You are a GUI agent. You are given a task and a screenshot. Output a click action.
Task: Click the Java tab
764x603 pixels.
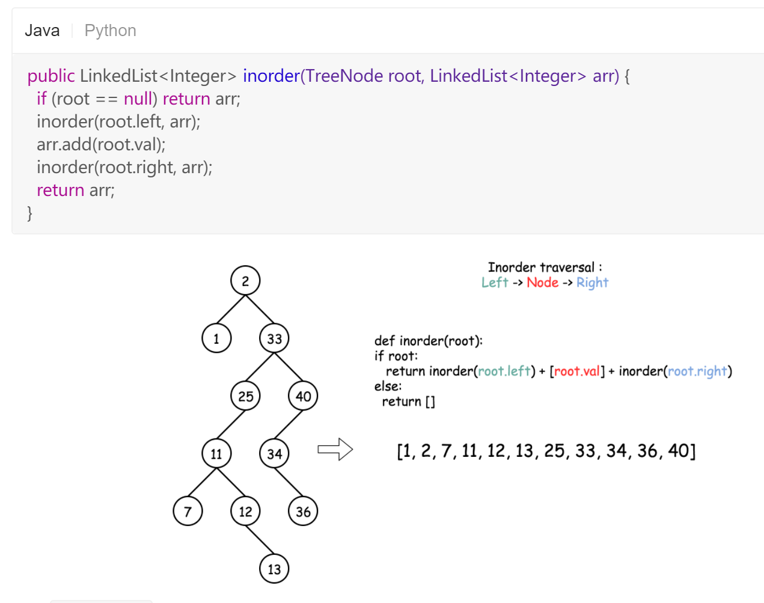coord(42,31)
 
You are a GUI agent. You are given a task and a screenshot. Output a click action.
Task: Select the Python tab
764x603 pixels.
coord(110,31)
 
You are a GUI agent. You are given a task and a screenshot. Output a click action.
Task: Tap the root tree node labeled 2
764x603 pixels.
coord(245,281)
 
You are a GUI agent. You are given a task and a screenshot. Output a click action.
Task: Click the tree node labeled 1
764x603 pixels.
coord(216,338)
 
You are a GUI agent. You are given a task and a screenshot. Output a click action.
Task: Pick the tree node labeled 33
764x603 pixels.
coord(274,338)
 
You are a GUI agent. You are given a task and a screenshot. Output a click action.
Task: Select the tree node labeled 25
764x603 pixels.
coord(245,396)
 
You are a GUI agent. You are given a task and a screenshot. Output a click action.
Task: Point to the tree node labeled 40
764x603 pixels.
coord(303,396)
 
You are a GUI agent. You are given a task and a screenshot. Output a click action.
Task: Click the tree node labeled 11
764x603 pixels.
coord(216,454)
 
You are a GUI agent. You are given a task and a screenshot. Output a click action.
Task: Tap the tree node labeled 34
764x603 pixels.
coord(274,454)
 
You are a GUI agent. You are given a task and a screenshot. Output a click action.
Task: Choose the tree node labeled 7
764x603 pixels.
coord(188,512)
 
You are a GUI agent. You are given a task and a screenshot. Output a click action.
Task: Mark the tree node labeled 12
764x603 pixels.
coord(245,512)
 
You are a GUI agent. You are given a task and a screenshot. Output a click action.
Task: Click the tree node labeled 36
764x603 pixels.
coord(303,512)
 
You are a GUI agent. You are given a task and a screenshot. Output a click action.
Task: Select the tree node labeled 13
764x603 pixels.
coord(274,569)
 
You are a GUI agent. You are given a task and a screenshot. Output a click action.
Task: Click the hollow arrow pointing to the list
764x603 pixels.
coord(335,449)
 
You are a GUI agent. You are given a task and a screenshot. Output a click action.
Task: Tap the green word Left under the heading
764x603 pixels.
coord(495,283)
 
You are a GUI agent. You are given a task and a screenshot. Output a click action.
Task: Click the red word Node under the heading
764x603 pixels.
coord(542,283)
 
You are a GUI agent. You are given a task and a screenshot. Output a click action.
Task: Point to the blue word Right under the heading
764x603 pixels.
coord(592,283)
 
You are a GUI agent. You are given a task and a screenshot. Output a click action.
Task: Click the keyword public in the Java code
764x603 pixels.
coord(51,76)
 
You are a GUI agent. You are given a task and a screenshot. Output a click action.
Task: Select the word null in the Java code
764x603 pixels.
coord(138,99)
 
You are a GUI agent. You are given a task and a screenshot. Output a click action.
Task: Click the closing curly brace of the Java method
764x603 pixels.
coord(29,213)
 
